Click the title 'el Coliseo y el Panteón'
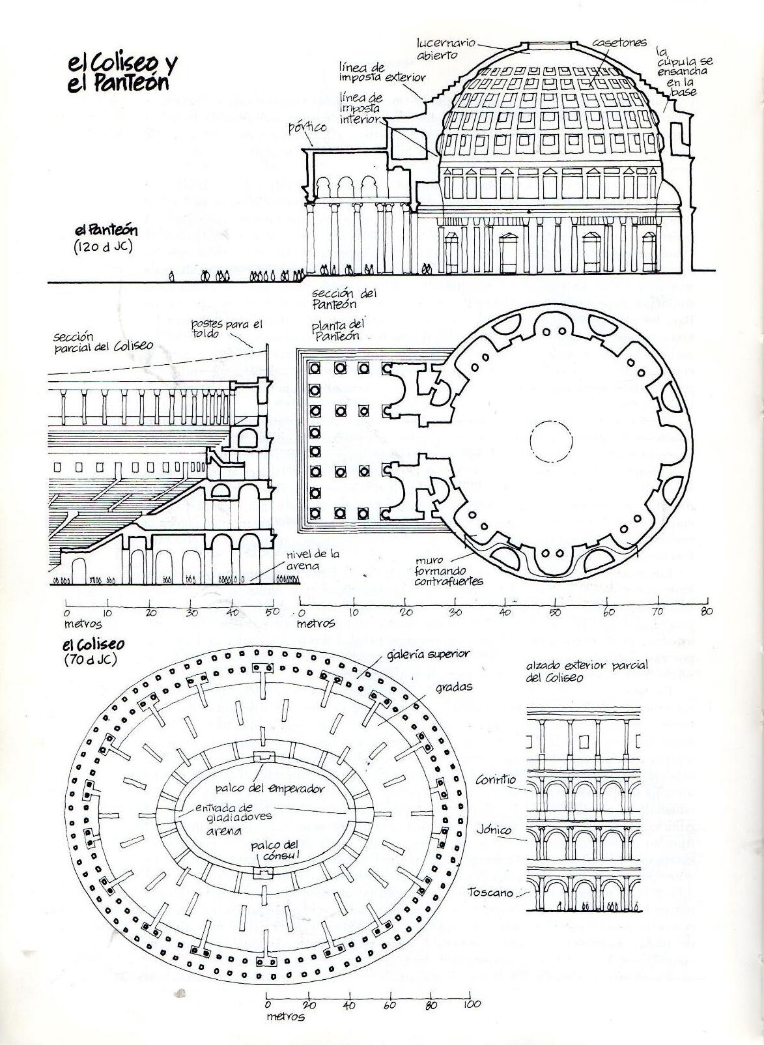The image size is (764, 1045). point(121,72)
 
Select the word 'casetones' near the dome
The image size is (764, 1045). point(619,43)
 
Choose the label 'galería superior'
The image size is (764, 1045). point(428,654)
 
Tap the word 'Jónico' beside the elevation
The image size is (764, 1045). point(493,831)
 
